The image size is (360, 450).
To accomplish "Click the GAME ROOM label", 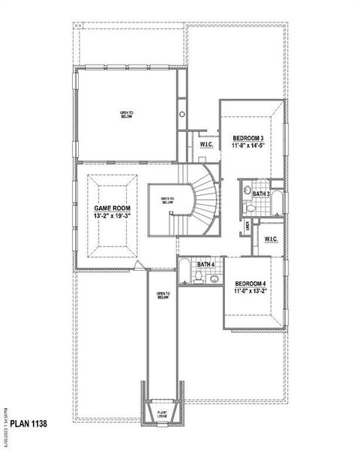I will pos(112,208).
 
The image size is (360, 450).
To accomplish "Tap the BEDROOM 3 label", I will pos(247,138).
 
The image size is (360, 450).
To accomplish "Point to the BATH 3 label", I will pos(260,193).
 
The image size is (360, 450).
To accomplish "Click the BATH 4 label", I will pos(206,264).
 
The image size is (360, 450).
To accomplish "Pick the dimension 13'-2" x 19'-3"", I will pos(112,216).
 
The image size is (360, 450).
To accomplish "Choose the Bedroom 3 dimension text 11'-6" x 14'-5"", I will pos(248,146).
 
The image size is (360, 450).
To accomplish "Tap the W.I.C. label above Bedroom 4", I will pos(271,239).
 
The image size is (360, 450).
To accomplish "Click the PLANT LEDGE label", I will pos(162,413).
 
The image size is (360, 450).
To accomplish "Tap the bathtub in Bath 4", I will pos(184,275).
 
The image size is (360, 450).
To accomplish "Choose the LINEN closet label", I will pos(247,225).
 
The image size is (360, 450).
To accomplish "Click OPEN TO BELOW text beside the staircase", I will pos(167,201).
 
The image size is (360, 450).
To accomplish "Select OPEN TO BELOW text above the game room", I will pos(126,115).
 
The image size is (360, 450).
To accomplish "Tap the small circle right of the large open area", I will pos(181,115).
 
